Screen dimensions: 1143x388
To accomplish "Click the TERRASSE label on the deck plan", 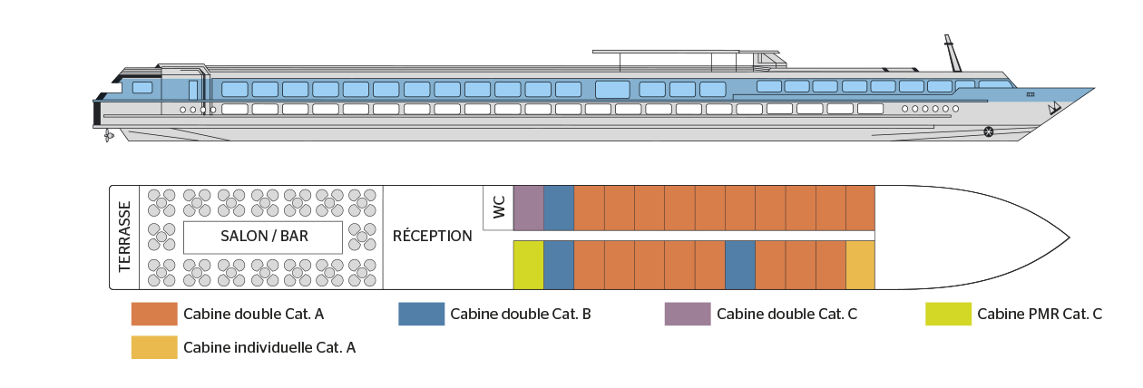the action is click(125, 237).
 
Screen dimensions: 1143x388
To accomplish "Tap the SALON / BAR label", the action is click(264, 236).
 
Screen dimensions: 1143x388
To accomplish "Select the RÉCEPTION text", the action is click(432, 236).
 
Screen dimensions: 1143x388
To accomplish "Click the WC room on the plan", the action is click(499, 208).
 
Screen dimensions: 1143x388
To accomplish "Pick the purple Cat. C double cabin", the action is click(529, 208).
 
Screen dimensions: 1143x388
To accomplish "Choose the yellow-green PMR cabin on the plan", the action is click(529, 265).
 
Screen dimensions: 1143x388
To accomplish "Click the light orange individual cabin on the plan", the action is click(860, 265).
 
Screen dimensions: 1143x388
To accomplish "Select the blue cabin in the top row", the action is click(559, 208).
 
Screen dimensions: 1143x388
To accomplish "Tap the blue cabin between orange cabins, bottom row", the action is click(740, 265).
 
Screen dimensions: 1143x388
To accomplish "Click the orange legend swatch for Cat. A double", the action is click(154, 314).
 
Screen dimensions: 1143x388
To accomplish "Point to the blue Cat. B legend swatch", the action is click(422, 314).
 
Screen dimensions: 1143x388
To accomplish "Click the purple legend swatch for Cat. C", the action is click(688, 314).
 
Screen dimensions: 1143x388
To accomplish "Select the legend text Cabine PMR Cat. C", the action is click(1040, 314).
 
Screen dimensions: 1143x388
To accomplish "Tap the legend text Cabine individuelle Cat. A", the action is click(269, 348).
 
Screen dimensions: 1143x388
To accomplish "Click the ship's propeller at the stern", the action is click(108, 136).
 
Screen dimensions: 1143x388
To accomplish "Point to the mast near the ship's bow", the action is click(952, 53).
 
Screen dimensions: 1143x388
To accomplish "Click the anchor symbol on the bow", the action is click(1054, 108).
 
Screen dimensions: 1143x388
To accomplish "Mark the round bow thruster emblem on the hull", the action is click(989, 132).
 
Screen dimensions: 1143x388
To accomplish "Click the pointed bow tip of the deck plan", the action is click(1069, 238).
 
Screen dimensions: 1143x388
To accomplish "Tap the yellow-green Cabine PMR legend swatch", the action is click(948, 314).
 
